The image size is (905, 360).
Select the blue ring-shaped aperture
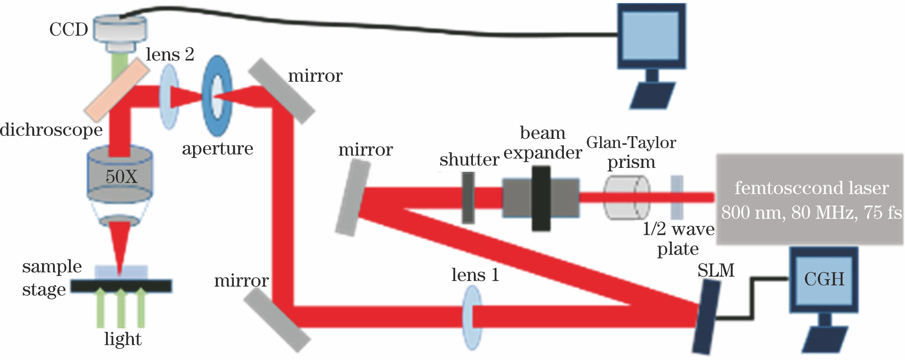click(217, 96)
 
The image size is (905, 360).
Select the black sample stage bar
click(121, 286)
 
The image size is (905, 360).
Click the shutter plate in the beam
click(468, 197)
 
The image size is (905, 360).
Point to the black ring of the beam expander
click(541, 198)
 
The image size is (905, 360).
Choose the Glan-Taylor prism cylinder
click(626, 198)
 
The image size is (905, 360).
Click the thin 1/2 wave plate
click(677, 197)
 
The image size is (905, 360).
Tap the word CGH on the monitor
click(824, 279)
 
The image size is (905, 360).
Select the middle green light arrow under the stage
click(121, 307)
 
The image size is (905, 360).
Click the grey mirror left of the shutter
click(352, 198)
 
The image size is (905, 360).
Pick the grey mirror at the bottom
click(277, 321)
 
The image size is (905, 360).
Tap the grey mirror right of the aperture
click(281, 91)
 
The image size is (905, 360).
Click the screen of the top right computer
click(652, 36)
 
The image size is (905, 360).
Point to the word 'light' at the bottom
click(123, 339)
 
